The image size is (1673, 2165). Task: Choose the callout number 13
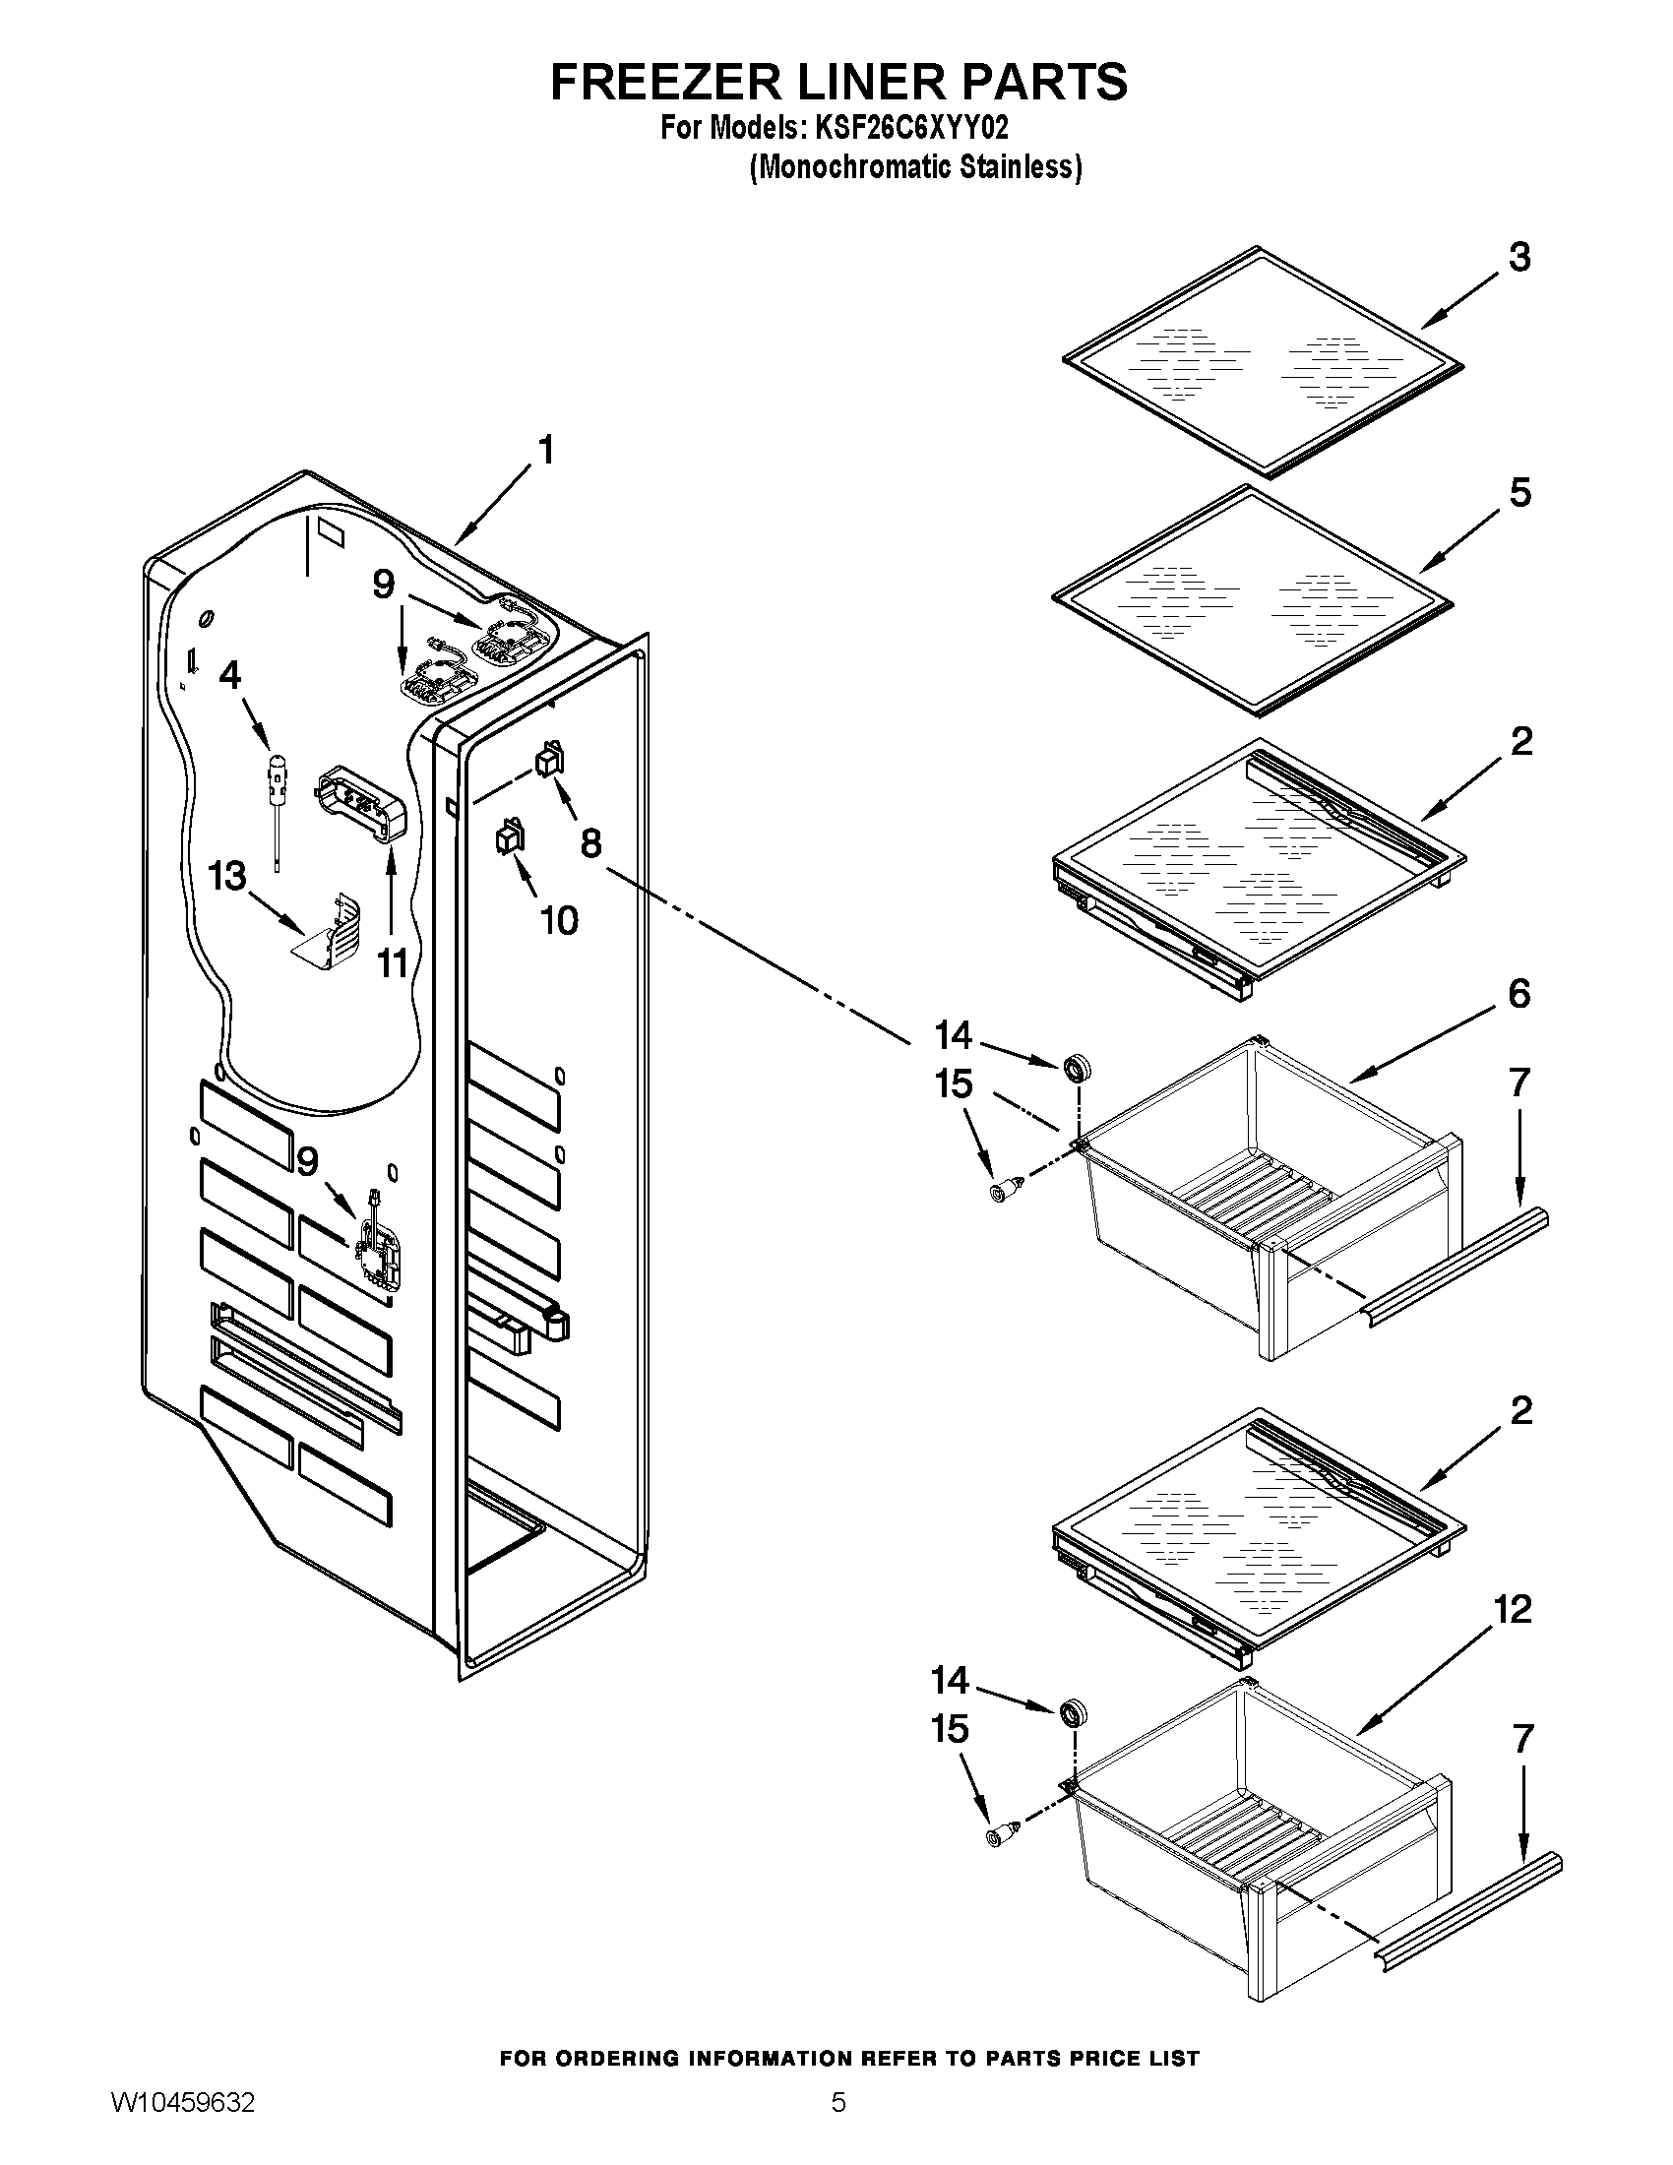tap(227, 876)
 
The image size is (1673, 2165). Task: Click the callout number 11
tap(393, 961)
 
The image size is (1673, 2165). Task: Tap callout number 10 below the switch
tap(559, 920)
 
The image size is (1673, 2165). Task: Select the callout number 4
tap(229, 675)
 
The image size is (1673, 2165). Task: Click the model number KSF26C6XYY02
tap(911, 128)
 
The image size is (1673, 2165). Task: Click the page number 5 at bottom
tap(838, 2123)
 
